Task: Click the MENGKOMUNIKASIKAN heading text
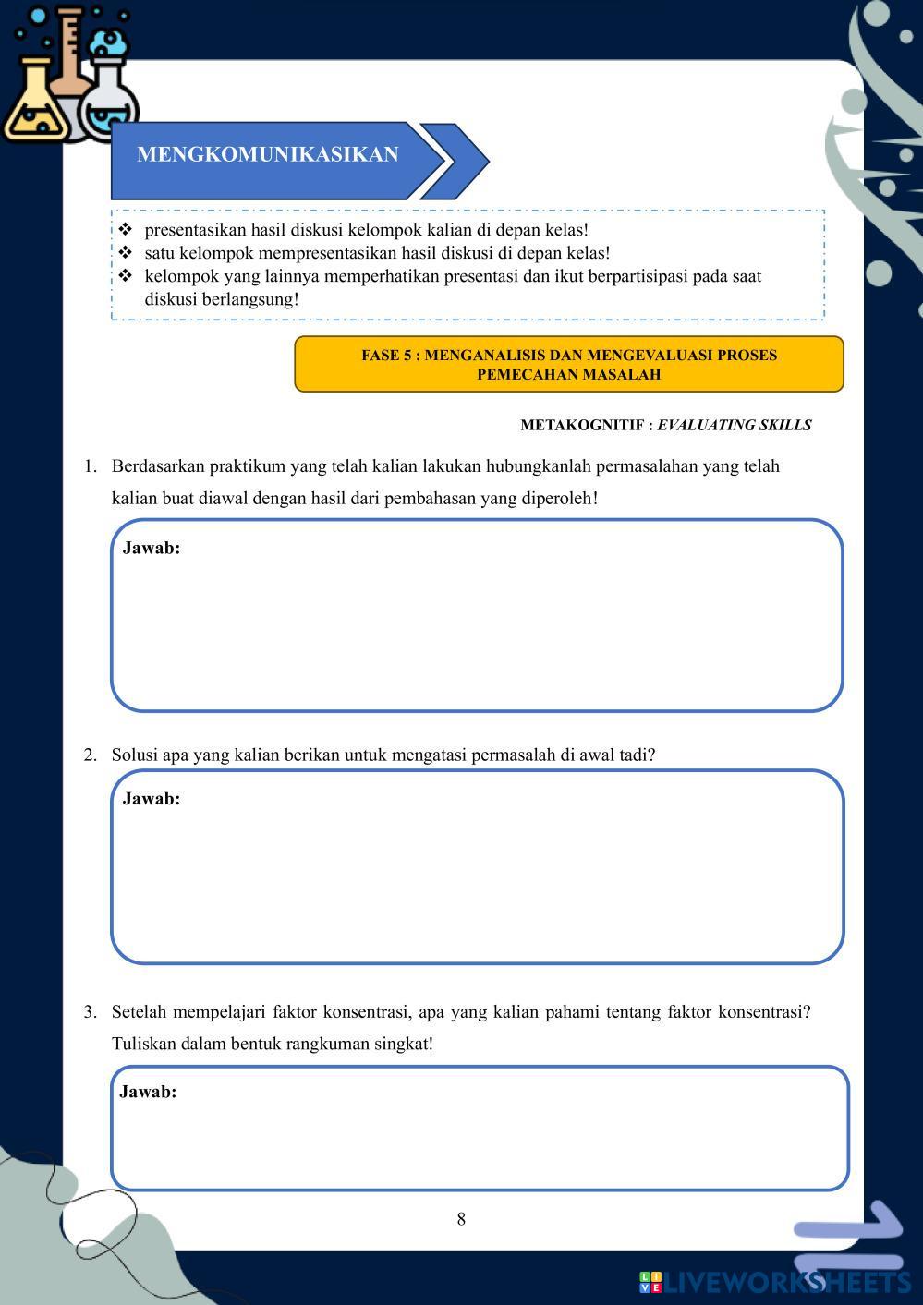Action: point(268,155)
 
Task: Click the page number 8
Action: point(461,1219)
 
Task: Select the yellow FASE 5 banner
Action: point(568,365)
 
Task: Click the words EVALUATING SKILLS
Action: point(734,425)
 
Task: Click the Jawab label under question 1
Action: point(152,548)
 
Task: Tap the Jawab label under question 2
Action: point(152,799)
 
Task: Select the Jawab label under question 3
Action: point(148,1092)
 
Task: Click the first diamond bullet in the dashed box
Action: point(126,229)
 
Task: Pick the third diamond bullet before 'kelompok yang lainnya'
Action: point(126,275)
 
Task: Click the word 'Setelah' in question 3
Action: point(140,1011)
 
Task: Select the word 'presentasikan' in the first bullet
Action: point(195,229)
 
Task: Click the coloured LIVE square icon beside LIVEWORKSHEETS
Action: point(650,1282)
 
